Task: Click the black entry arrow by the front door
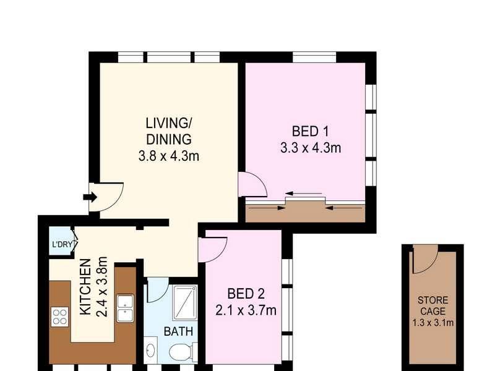[90, 197]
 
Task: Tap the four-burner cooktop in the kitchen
[60, 317]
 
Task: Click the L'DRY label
[62, 244]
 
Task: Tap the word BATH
[178, 331]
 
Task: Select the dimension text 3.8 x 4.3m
[169, 156]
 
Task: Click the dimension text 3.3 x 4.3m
[310, 148]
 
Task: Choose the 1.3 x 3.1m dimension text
[433, 322]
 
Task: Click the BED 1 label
[310, 131]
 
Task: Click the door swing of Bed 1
[251, 184]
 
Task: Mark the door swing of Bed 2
[212, 248]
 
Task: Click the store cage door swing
[424, 259]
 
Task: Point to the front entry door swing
[105, 196]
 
